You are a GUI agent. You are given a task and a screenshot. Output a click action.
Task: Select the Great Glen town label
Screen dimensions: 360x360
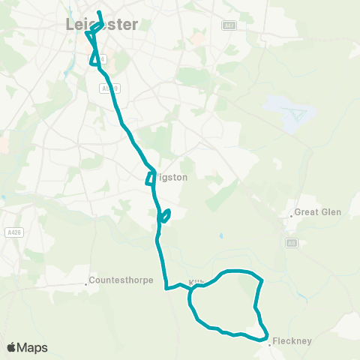318,212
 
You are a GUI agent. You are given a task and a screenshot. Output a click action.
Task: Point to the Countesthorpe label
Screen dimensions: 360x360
121,281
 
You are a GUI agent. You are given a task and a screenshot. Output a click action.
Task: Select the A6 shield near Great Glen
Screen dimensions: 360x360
292,243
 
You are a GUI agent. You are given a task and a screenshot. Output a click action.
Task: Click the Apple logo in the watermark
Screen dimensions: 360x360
12,347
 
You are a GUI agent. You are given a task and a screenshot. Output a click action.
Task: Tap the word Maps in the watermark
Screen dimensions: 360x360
33,347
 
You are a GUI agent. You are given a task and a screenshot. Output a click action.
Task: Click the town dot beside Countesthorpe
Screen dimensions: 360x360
86,284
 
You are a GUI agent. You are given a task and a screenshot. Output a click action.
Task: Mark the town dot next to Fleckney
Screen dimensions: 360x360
268,345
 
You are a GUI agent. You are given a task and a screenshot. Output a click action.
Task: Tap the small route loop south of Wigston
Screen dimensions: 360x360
166,215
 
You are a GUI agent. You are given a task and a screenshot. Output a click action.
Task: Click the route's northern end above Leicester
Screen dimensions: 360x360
99,13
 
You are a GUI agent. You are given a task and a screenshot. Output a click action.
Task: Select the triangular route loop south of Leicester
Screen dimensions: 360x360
94,58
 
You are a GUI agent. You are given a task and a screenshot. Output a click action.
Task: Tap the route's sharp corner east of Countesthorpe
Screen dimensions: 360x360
166,287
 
